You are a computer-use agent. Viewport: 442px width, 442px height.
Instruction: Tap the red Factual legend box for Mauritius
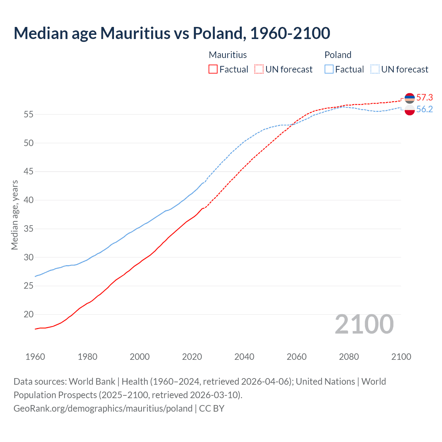pos(213,69)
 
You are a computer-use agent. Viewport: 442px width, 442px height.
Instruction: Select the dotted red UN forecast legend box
pos(259,69)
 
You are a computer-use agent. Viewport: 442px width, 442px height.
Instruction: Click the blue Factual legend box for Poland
pos(329,69)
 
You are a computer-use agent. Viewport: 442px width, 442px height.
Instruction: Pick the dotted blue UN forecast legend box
pos(375,69)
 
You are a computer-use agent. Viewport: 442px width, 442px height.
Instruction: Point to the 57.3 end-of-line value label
pos(424,98)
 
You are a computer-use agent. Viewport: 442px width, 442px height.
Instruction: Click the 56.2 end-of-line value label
pos(424,109)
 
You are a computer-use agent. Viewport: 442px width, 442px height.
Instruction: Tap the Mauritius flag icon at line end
pos(410,98)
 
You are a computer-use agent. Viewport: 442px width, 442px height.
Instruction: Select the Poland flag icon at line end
pos(410,110)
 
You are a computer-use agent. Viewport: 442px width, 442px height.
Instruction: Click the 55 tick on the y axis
pos(29,114)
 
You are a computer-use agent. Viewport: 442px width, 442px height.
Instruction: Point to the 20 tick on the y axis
pos(29,315)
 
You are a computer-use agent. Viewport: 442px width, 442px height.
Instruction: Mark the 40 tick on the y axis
pos(29,200)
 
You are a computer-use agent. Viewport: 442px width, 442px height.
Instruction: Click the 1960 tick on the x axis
pos(35,357)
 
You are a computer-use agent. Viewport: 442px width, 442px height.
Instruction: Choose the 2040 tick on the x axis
pos(244,357)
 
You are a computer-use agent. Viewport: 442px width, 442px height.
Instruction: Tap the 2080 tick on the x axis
pos(349,357)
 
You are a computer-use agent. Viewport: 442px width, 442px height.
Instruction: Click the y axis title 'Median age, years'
pos(15,215)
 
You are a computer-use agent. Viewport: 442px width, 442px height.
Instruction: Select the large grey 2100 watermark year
pos(364,324)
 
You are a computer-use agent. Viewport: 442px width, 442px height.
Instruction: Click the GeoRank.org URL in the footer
pos(103,409)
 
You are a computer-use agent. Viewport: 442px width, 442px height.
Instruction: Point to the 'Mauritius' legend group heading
pos(228,55)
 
